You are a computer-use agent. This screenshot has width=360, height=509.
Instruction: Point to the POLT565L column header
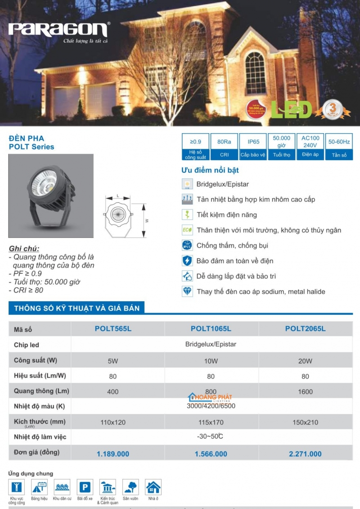point(113,329)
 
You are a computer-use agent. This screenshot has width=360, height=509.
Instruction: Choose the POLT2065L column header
point(305,329)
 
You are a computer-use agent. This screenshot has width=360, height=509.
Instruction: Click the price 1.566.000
point(211,454)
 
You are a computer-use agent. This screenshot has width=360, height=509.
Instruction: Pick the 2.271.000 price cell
point(305,454)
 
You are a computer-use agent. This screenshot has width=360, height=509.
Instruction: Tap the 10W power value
point(211,361)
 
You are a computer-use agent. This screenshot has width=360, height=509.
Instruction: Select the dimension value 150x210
point(305,423)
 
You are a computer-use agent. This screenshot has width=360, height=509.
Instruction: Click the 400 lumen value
point(113,392)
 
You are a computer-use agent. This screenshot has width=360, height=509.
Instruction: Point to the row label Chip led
point(27,345)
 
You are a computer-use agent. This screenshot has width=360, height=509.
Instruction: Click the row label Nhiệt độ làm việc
point(40,437)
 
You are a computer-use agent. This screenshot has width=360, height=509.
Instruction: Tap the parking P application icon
point(85,487)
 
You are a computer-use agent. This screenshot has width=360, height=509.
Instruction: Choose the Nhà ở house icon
point(153,487)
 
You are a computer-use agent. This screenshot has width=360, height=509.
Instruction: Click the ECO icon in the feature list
point(187,230)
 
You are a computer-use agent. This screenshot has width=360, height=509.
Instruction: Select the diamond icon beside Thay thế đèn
point(187,291)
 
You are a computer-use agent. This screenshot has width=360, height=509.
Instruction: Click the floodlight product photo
point(51,196)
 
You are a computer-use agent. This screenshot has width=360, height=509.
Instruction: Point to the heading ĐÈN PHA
point(27,138)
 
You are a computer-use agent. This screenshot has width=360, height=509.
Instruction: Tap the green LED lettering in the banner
point(291,110)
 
